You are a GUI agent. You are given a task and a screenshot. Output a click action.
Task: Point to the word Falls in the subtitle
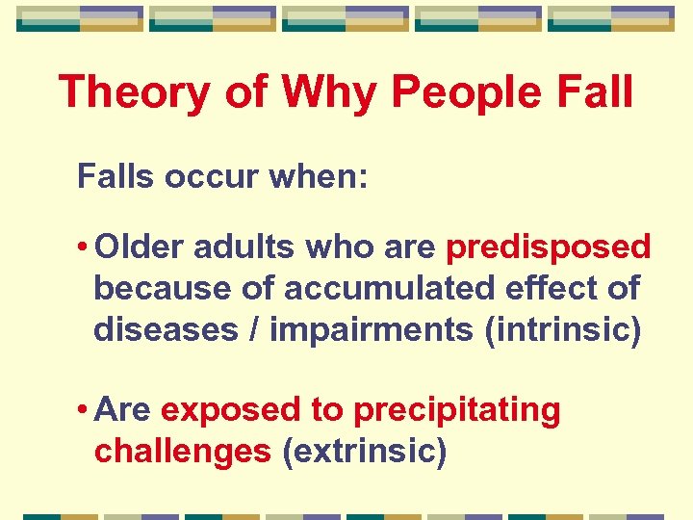(117, 177)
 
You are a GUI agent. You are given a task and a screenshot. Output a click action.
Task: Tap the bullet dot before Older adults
(85, 248)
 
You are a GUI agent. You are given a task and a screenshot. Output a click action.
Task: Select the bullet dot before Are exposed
(85, 411)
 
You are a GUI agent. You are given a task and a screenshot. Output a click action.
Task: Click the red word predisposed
(549, 247)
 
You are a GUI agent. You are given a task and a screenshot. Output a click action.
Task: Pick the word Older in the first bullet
(141, 247)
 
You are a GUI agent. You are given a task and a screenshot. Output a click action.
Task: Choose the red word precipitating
(457, 410)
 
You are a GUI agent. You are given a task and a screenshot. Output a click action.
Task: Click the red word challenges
(183, 451)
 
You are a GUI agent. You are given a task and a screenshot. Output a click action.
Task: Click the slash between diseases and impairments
(254, 329)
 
